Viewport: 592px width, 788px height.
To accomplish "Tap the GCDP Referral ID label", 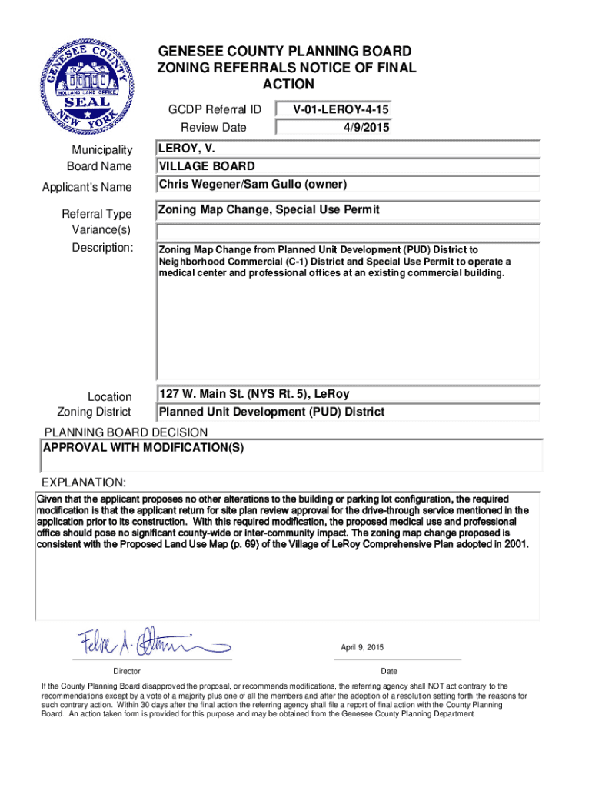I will coord(215,109).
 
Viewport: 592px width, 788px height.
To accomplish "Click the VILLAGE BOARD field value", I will coord(206,166).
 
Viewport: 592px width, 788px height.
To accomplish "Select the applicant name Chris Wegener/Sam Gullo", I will coord(253,185).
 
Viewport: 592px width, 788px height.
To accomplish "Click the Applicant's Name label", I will coord(87,187).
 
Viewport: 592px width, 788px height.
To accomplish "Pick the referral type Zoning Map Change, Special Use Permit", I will coord(268,210).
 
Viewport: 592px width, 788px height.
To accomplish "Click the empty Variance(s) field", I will coord(349,232).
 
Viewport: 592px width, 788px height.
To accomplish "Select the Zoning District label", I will coord(95,412).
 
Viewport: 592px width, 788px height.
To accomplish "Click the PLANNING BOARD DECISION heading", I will coord(125,432).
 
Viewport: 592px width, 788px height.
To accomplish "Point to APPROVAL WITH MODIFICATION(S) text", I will coord(144,448).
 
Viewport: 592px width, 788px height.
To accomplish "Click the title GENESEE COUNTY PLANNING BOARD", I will coord(284,52).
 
